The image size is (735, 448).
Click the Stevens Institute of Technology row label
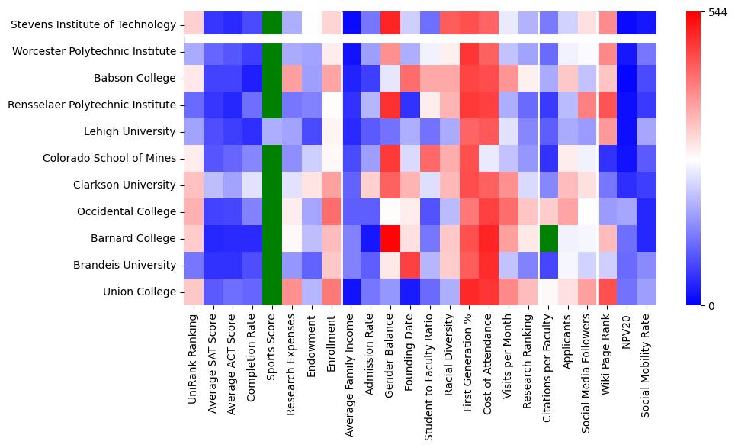point(93,25)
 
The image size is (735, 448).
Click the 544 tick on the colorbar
point(717,12)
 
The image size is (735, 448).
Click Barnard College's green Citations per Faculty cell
point(548,238)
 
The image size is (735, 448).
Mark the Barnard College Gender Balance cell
point(390,238)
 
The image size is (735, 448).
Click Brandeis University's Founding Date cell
point(409,265)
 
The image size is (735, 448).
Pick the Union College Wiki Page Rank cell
point(608,292)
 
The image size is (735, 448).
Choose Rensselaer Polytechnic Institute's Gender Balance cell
point(390,105)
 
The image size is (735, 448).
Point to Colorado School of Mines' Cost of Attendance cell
point(489,158)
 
